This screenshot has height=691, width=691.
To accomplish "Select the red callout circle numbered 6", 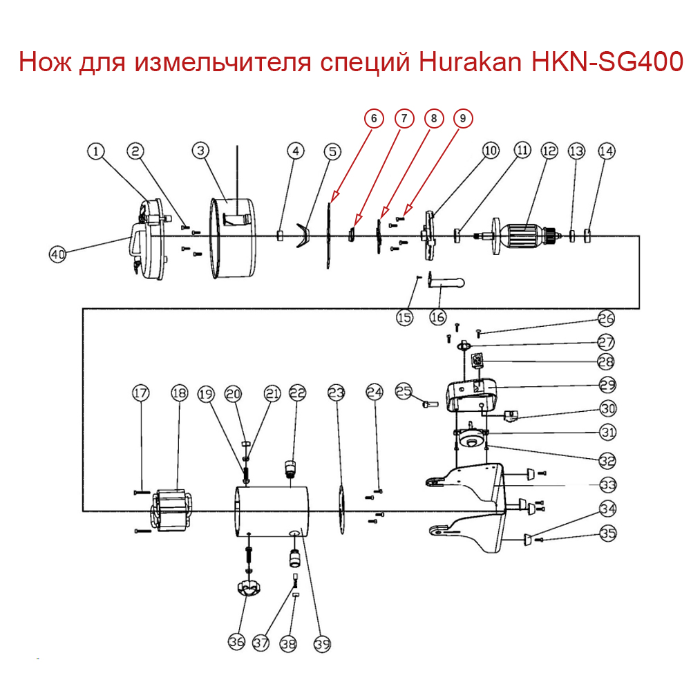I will tap(374, 119).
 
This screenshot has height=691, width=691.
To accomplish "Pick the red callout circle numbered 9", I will tap(464, 119).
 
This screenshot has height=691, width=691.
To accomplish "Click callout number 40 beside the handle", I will tap(57, 254).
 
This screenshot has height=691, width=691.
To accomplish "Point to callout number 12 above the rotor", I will tap(549, 151).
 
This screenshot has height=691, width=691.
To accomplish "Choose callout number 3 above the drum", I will tap(200, 150).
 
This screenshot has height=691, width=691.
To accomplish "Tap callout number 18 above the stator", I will tap(179, 394).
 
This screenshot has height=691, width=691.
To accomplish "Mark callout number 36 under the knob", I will tap(237, 642).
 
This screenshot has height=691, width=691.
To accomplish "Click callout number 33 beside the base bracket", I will tap(608, 484).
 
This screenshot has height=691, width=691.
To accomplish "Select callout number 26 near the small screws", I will tap(606, 319).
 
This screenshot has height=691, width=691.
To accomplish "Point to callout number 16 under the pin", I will tap(438, 317).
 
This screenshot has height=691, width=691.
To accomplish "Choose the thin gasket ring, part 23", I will tap(340, 511).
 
